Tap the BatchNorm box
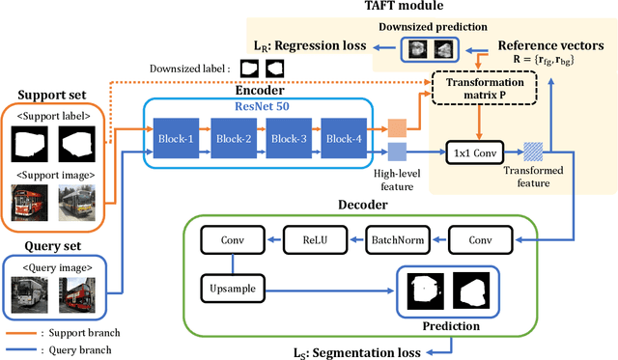(393, 239)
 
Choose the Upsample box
(232, 287)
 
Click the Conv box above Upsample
(232, 239)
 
